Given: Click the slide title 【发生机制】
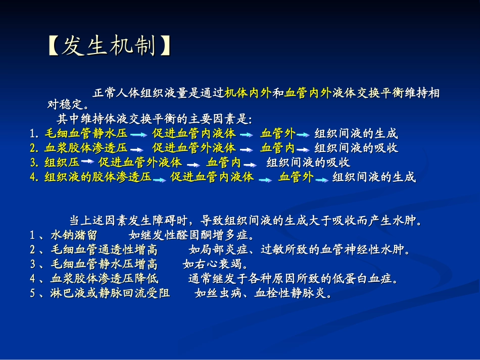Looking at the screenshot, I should [109, 47].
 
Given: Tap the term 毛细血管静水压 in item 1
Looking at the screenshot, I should [86, 134].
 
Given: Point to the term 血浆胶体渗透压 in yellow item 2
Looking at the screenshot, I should [86, 148].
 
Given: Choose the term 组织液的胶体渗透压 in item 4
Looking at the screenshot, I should [98, 177].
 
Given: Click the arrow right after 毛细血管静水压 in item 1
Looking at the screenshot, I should [138, 135].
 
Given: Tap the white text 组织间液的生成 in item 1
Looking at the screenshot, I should [356, 134].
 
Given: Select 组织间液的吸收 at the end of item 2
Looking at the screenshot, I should [356, 148].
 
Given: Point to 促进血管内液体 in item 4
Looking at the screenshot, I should [212, 177].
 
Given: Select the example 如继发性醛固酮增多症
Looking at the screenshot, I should [191, 235].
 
